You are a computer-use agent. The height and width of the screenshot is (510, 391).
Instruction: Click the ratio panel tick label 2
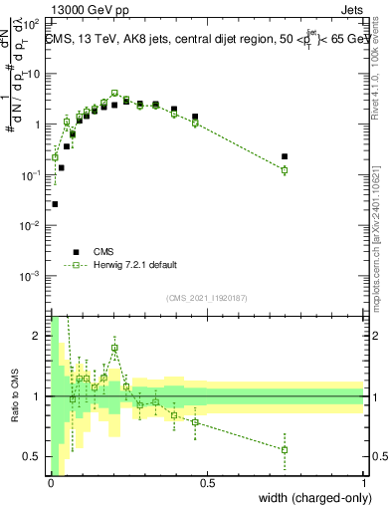(x=38, y=336)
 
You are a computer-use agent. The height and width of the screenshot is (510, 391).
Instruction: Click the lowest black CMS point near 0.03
(x=55, y=204)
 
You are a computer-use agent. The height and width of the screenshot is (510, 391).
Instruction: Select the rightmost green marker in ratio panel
(x=285, y=449)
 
